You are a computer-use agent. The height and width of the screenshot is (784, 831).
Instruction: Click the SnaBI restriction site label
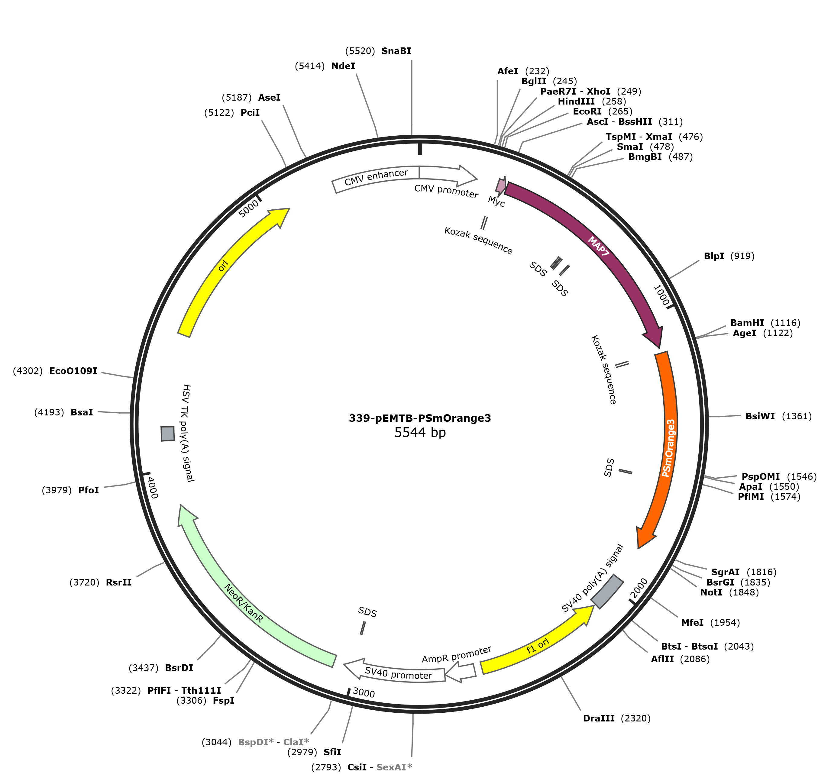(396, 51)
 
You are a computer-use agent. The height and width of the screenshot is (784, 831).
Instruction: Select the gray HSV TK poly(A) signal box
(168, 433)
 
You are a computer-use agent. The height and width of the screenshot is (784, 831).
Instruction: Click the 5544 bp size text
(420, 433)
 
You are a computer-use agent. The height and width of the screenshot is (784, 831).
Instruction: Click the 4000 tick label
(152, 488)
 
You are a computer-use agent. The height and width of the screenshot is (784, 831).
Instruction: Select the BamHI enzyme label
(747, 323)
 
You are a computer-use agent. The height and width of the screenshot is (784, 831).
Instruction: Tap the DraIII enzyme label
(599, 718)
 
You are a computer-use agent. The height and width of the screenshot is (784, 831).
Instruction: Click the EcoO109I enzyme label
(73, 371)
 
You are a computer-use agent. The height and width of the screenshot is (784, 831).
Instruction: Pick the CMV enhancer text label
(376, 177)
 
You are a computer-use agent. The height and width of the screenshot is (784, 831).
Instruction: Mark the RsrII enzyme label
(119, 582)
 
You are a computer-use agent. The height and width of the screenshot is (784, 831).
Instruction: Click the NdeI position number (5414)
(310, 66)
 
